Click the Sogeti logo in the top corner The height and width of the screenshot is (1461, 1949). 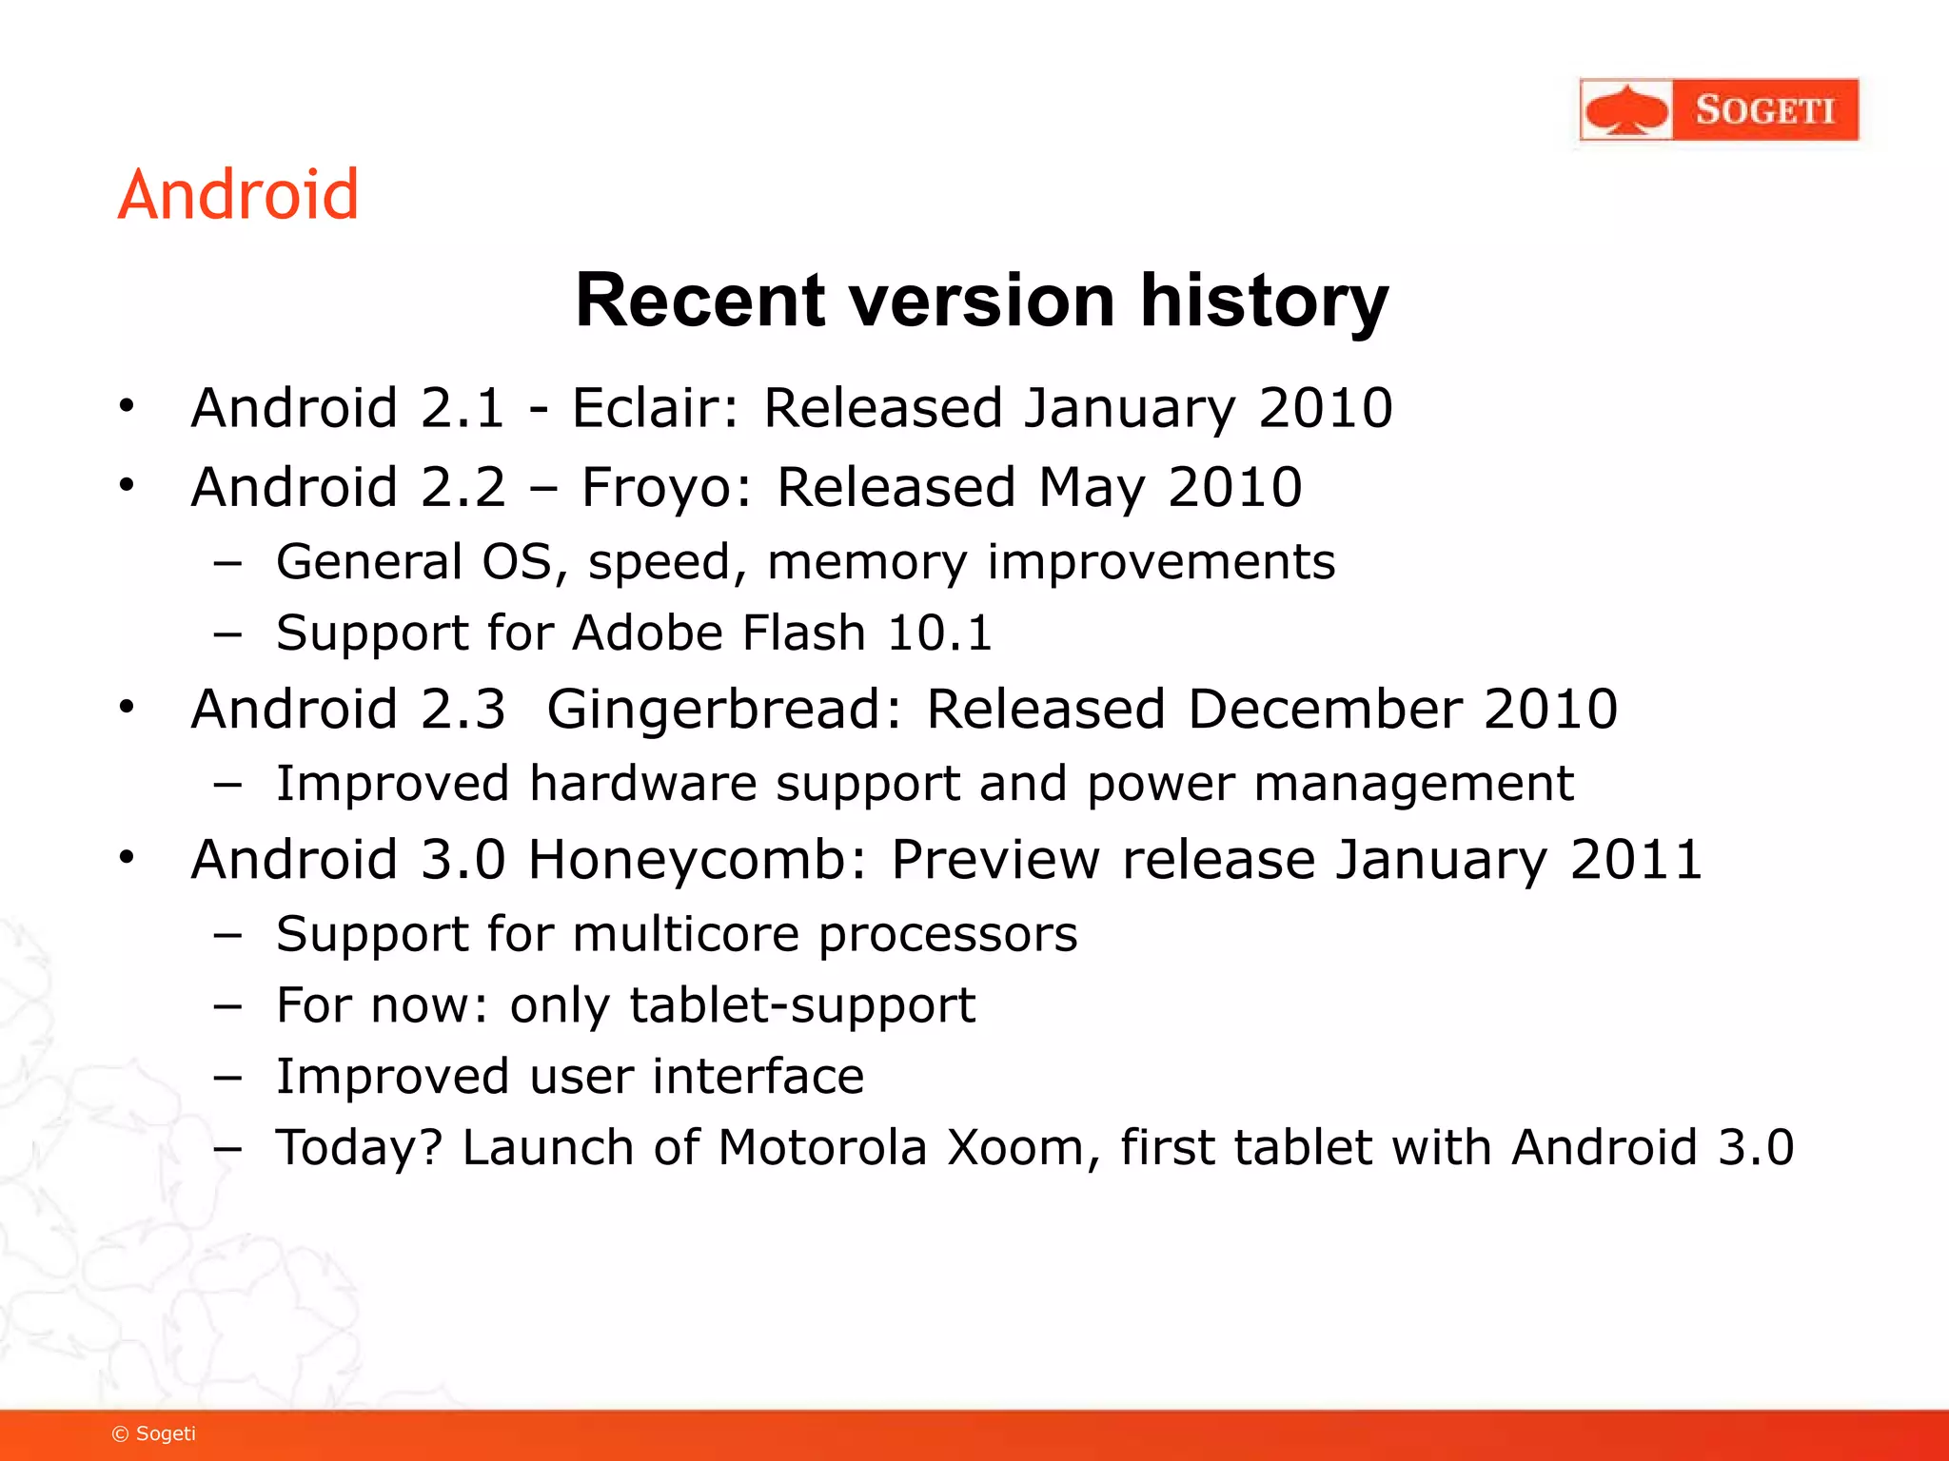1718,109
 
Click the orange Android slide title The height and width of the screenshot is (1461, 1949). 238,195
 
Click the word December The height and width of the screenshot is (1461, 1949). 1323,709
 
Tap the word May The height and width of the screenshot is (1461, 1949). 1092,489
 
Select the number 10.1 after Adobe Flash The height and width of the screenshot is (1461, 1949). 939,633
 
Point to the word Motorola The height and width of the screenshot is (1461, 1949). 822,1147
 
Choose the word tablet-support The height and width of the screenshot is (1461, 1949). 802,1005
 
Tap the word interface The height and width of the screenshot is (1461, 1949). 758,1077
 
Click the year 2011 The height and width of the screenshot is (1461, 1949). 1636,860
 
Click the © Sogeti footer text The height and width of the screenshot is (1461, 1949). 154,1433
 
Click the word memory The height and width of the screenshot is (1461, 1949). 866,562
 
